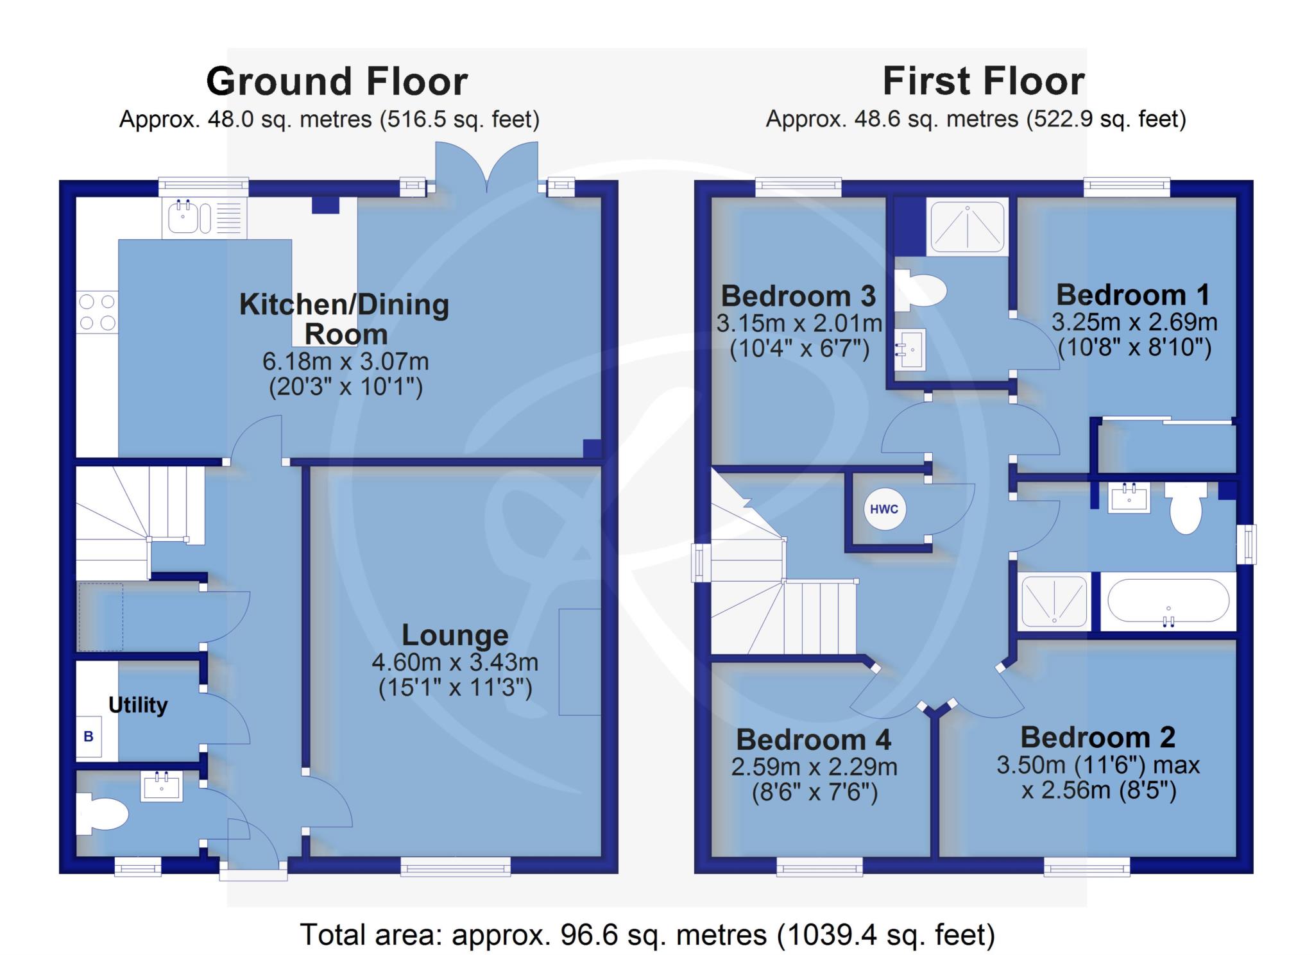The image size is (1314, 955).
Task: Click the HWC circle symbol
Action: (x=884, y=509)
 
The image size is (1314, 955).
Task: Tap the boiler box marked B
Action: (x=89, y=736)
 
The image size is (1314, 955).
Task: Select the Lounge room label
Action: (x=455, y=635)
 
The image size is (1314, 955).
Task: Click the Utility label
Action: (x=138, y=705)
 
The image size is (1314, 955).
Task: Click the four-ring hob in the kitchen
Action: (x=97, y=312)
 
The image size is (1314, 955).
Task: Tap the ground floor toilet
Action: (x=103, y=814)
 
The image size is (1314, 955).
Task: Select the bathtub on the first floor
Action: (x=1168, y=601)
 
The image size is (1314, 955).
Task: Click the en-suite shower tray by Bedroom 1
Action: (x=968, y=226)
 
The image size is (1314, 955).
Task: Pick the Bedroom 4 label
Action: (x=814, y=739)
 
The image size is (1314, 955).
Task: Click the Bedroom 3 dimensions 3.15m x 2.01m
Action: (x=799, y=323)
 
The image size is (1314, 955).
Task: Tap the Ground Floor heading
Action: (x=337, y=81)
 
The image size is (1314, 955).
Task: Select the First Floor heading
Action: (x=984, y=81)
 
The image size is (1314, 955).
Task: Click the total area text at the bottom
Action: (x=648, y=934)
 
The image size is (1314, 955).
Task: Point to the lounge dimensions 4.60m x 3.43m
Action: (x=455, y=662)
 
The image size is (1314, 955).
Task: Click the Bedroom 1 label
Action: (x=1133, y=295)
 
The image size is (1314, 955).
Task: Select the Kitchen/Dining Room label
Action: (x=345, y=319)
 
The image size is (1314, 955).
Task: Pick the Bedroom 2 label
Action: (x=1098, y=738)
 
